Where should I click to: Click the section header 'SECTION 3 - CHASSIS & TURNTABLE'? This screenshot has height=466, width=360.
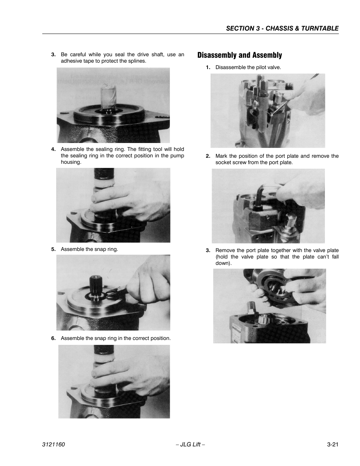coord(282,28)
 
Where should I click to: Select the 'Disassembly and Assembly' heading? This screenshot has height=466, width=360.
coord(240,55)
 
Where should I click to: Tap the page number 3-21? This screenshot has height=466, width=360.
coord(332,444)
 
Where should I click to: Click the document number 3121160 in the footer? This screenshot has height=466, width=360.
coord(53,444)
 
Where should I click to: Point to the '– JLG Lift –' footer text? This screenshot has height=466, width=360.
coord(191,444)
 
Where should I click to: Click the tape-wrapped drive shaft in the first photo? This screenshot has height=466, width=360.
coord(109,96)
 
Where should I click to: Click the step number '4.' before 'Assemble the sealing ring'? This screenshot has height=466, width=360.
coord(53,149)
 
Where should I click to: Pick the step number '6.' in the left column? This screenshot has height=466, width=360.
coord(53,338)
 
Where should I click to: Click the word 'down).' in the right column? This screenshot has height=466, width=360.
coord(224,263)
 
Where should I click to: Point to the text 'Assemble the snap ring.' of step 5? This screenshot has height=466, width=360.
coord(89,249)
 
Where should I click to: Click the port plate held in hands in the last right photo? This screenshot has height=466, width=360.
coord(277,288)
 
